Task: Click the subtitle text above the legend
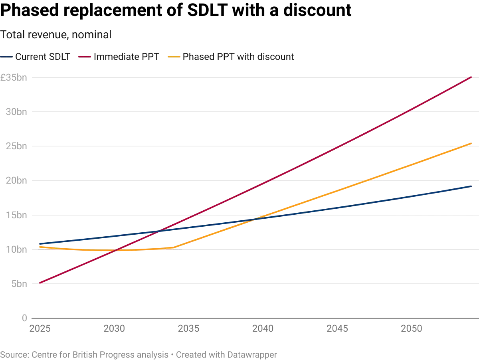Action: click(x=56, y=35)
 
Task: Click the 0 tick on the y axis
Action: click(x=25, y=318)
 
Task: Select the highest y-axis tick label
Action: click(x=15, y=79)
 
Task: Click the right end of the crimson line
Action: click(x=472, y=77)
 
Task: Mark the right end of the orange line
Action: click(x=472, y=142)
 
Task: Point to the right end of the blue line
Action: click(x=472, y=186)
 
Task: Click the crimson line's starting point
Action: click(x=40, y=283)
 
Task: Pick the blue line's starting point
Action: click(x=40, y=244)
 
